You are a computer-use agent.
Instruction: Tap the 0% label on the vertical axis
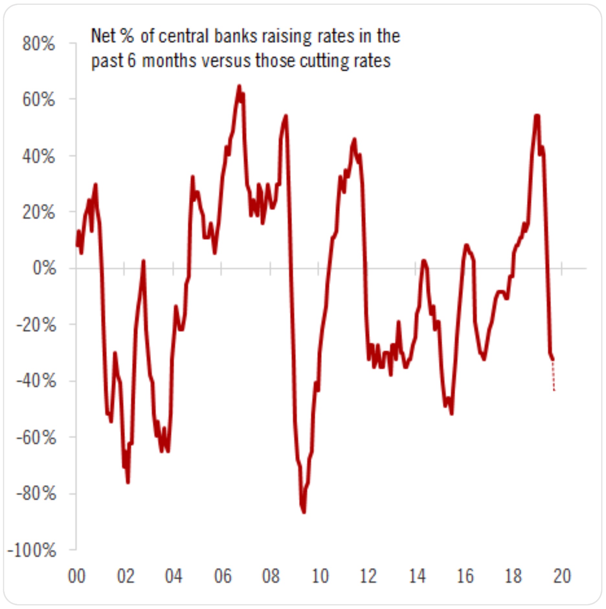point(44,268)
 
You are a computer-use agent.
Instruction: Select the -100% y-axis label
point(32,550)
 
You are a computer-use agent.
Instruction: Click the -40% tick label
point(36,381)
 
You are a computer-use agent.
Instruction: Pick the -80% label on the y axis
point(36,494)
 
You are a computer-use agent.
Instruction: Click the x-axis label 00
point(76,576)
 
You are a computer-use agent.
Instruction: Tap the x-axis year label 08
point(271,576)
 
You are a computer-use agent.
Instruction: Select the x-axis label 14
point(417,576)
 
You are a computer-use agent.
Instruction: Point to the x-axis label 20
point(562,576)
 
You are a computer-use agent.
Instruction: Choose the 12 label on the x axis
point(368,576)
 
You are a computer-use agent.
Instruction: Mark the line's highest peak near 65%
point(239,86)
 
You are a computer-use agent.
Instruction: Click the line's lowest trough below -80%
point(304,512)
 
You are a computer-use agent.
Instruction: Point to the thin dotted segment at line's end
point(554,376)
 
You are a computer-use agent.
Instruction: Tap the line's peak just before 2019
point(537,116)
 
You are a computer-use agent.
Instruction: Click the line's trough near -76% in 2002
point(128,482)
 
